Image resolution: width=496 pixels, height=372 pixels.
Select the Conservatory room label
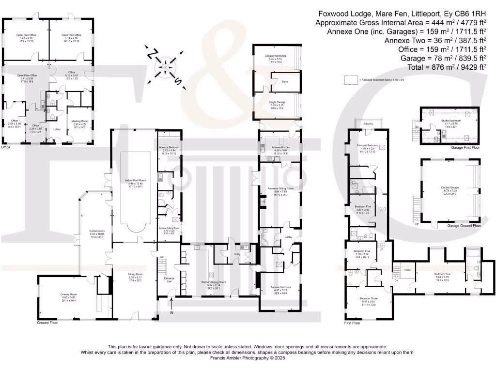tap(91, 233)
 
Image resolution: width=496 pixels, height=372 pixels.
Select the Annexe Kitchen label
tap(279, 149)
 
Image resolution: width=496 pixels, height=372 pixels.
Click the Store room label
tap(284, 82)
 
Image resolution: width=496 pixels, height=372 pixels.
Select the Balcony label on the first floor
tap(368, 124)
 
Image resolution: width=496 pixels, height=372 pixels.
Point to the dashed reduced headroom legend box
tap(350, 79)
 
